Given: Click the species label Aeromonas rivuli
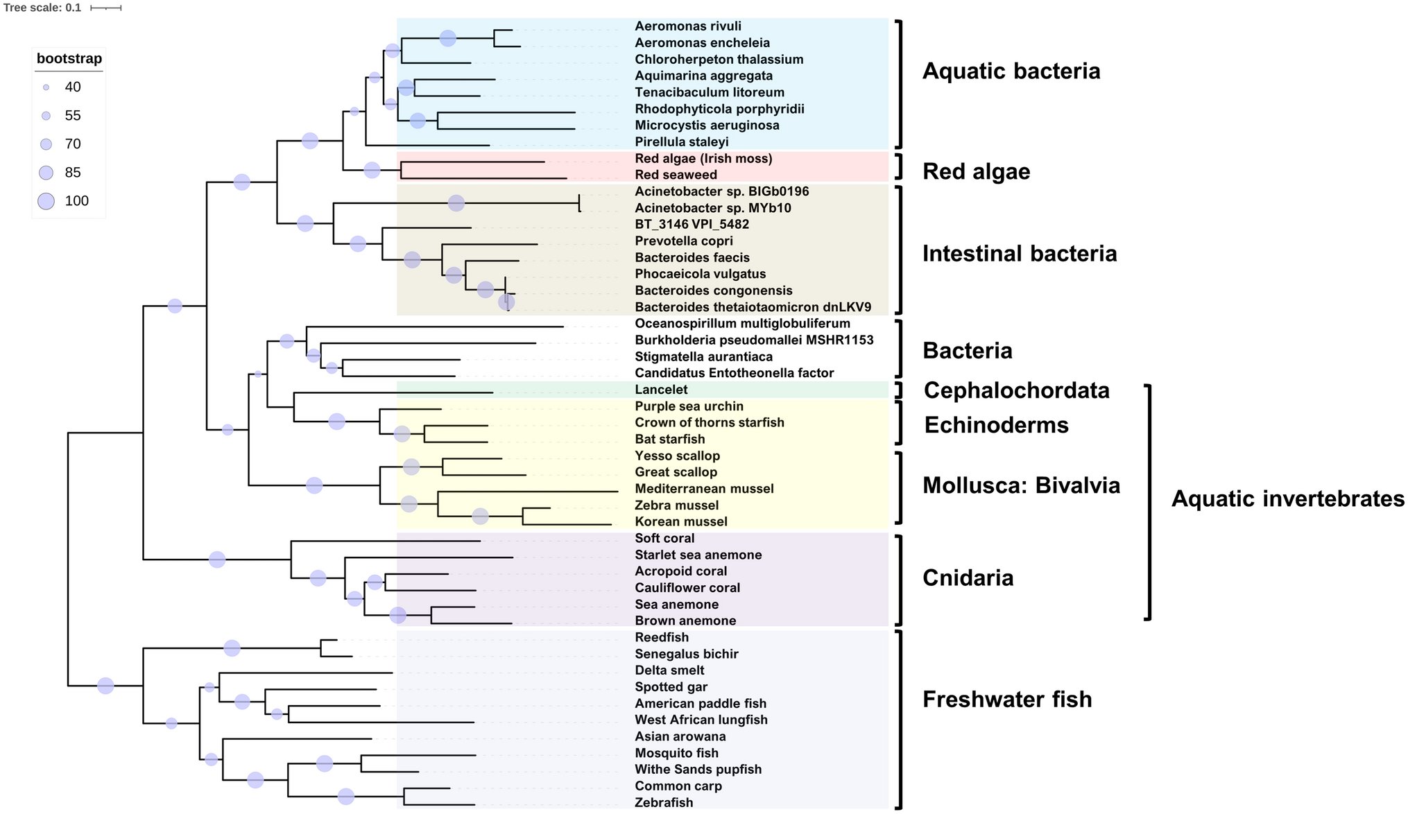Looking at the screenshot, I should click(x=687, y=26).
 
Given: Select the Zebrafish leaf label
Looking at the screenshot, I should click(x=664, y=802).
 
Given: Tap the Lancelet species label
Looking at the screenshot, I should click(x=661, y=390).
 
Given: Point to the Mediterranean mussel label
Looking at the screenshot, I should click(x=704, y=489).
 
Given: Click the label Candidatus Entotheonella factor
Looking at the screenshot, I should click(x=734, y=373).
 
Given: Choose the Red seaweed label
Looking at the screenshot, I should click(x=676, y=175).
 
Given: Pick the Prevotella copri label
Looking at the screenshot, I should click(x=683, y=241).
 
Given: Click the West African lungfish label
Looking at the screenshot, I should click(x=701, y=720).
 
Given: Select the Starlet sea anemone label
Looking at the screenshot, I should click(x=698, y=555).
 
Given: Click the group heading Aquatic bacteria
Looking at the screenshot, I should click(x=1011, y=71).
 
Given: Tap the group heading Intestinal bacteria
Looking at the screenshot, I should click(x=1019, y=254).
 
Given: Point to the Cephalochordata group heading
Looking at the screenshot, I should click(x=1016, y=390).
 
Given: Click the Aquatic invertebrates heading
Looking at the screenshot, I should click(x=1287, y=499).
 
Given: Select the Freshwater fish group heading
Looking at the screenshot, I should click(x=1006, y=700).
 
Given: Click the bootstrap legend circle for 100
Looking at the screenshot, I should click(x=46, y=201).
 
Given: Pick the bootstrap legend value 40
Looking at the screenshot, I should click(x=73, y=87).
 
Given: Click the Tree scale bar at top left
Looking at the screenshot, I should click(x=105, y=8).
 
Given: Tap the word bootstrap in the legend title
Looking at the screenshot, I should click(x=69, y=59).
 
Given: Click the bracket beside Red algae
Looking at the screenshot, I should click(x=899, y=167).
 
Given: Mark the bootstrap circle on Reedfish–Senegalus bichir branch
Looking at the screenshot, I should click(x=232, y=648).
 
